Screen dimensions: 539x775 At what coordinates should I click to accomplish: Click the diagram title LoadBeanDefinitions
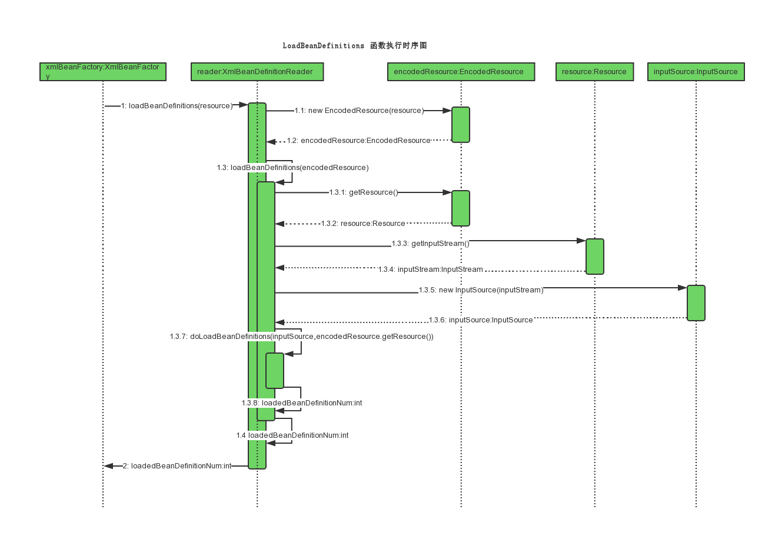(x=323, y=46)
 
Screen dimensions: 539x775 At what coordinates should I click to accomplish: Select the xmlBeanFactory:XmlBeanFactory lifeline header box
(x=103, y=72)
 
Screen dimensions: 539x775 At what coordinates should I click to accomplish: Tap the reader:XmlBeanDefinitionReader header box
(x=257, y=72)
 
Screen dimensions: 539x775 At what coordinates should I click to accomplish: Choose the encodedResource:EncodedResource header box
(x=461, y=72)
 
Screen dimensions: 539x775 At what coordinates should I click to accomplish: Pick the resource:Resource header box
(x=594, y=72)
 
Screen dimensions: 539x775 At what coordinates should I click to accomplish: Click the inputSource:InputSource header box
(x=696, y=72)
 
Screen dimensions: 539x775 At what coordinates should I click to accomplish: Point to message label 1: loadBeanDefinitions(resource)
(x=177, y=106)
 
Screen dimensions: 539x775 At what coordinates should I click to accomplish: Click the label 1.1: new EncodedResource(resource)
(x=359, y=111)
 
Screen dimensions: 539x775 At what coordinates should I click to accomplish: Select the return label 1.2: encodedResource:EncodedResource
(x=358, y=141)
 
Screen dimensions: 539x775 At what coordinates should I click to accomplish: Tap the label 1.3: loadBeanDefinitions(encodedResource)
(x=292, y=168)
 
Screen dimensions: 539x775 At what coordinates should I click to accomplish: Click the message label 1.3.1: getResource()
(x=364, y=192)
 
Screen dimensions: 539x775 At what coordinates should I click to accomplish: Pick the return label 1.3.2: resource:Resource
(x=363, y=224)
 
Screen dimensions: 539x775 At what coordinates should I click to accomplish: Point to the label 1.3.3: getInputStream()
(x=431, y=244)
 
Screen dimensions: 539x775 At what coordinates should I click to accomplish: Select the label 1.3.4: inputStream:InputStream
(x=431, y=269)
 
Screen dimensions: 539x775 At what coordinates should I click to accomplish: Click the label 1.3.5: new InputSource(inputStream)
(x=481, y=290)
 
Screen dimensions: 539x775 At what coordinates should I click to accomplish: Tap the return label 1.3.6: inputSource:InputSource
(x=481, y=320)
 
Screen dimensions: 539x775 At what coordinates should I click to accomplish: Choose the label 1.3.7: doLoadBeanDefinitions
(x=301, y=337)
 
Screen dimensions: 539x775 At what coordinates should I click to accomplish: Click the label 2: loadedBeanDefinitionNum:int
(x=177, y=466)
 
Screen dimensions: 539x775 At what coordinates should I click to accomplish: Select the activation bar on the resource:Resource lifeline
(x=595, y=257)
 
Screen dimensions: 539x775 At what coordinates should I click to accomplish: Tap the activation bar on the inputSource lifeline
(x=696, y=303)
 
